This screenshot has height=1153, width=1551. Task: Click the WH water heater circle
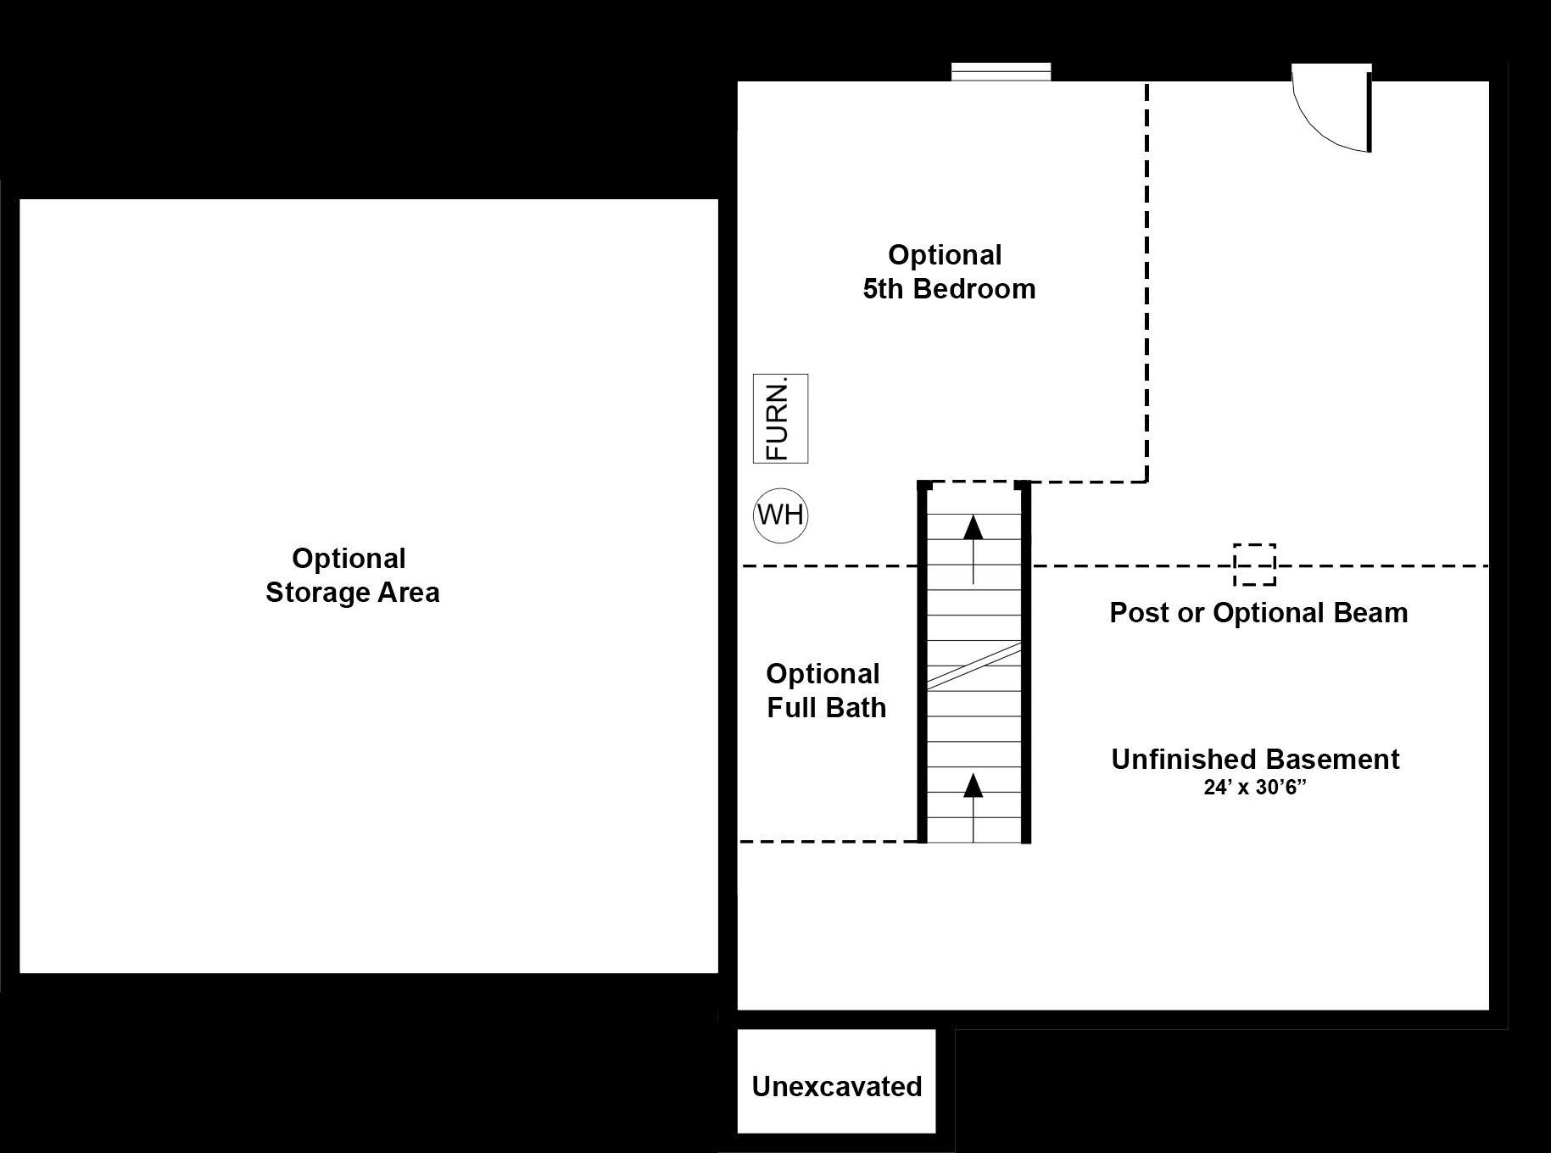780,515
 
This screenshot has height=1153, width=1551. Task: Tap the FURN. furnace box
780,419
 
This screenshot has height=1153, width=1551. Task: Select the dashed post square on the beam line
1254,565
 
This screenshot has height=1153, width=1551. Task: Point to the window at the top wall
1001,72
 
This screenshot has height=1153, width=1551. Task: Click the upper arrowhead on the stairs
974,527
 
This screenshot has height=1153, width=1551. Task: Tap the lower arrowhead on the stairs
974,785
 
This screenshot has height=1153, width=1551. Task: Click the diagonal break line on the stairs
974,665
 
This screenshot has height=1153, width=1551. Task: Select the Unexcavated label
836,1087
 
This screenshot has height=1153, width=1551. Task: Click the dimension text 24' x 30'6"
1254,788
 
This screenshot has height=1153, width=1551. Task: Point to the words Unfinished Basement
1255,759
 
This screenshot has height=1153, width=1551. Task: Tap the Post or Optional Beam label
1258,613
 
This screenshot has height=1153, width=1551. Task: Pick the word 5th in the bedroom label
884,289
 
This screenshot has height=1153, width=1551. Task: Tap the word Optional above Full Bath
823,674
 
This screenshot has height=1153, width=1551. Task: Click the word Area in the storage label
410,592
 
